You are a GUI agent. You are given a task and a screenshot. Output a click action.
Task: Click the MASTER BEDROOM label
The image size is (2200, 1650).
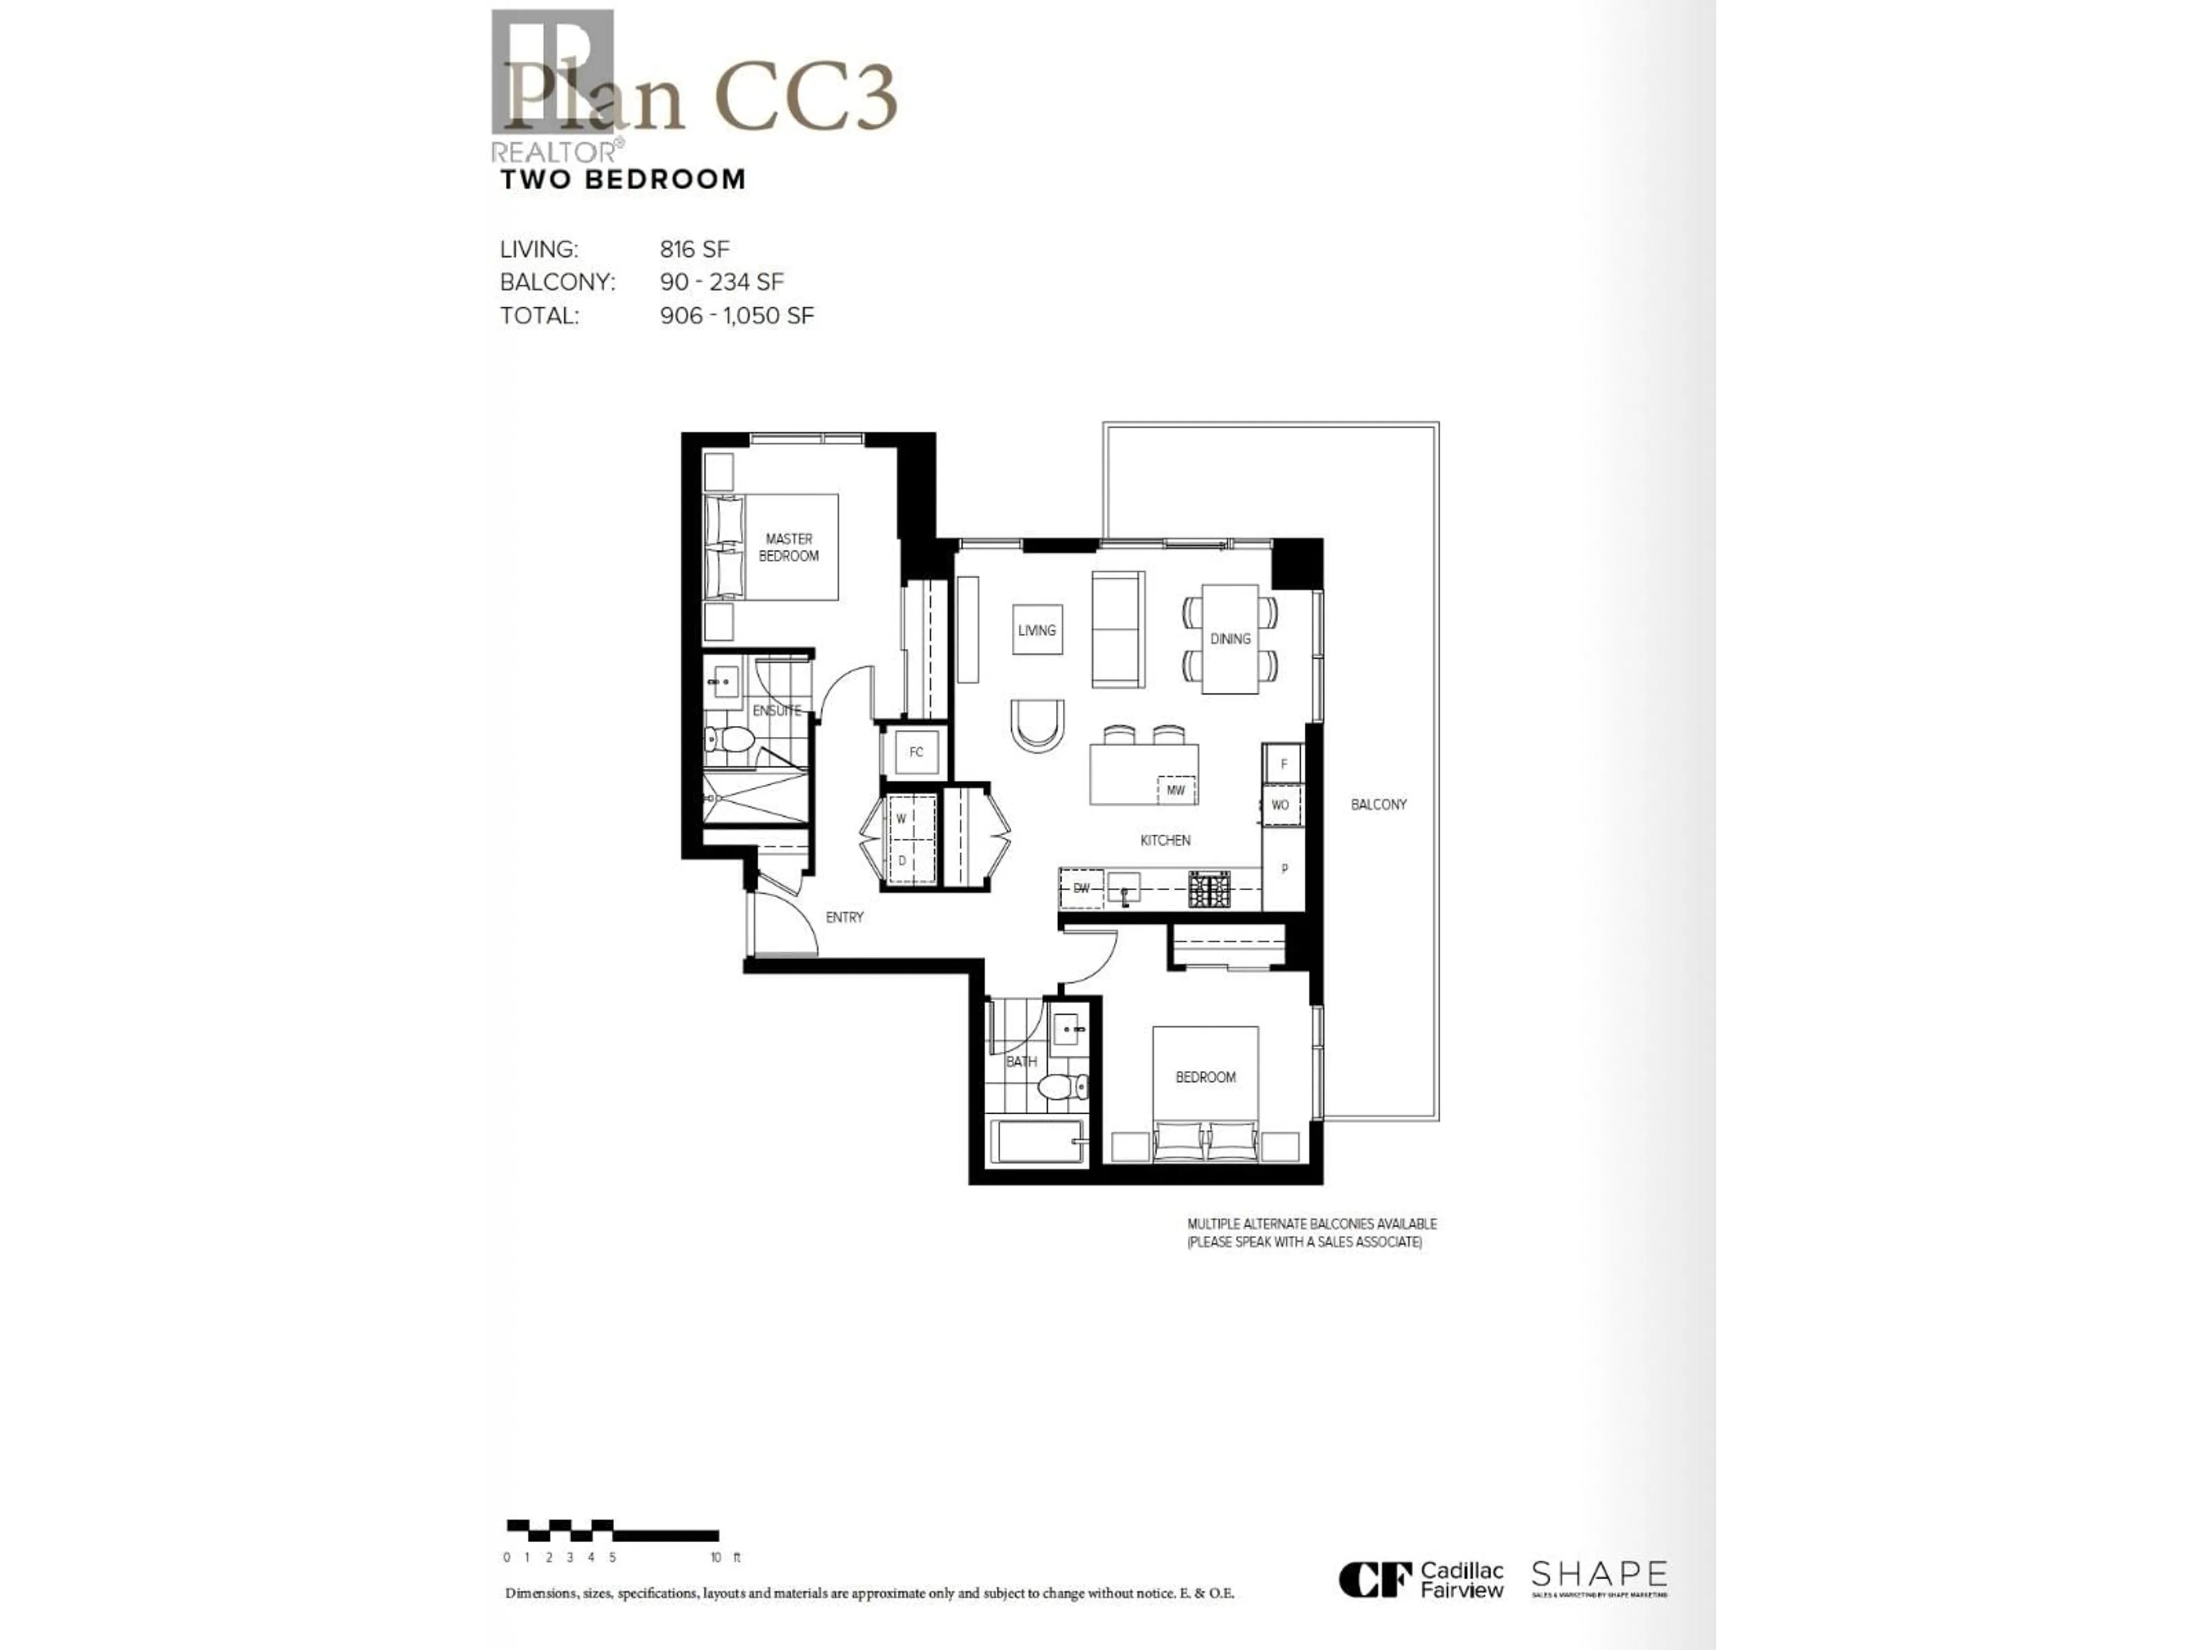[x=788, y=547]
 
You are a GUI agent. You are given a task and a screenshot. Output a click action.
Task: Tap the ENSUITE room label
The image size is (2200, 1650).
[x=776, y=710]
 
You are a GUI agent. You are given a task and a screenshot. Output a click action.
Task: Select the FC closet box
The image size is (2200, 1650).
[x=916, y=752]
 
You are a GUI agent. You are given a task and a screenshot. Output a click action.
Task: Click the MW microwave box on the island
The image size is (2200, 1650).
[x=1176, y=791]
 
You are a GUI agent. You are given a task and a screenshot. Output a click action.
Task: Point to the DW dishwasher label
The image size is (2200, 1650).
[x=1081, y=888]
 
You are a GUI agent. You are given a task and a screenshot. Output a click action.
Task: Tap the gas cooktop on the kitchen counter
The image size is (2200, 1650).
[x=1208, y=888]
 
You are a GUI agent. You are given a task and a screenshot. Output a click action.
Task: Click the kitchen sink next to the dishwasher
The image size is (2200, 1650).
[x=1125, y=887]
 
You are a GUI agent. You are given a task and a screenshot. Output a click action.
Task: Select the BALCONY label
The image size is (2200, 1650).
[x=1378, y=804]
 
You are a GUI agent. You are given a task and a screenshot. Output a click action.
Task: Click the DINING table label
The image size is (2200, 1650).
[x=1230, y=639]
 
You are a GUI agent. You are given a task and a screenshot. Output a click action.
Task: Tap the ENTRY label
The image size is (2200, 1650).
[x=844, y=917]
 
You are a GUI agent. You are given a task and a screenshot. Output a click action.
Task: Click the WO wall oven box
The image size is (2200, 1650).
[x=1280, y=804]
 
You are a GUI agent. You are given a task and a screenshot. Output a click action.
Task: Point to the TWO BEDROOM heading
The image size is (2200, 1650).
[x=623, y=180]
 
